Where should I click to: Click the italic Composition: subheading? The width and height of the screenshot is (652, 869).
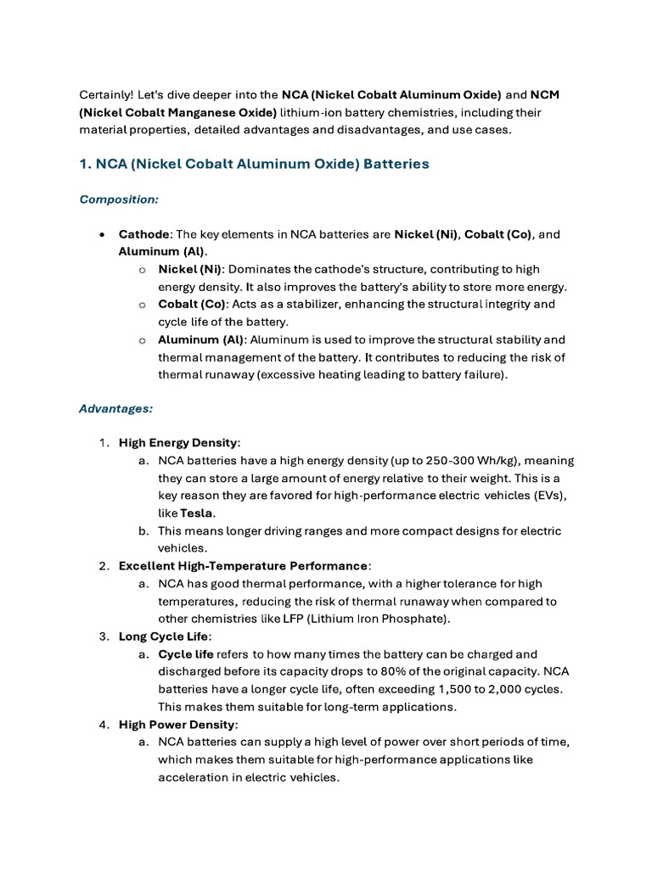tap(119, 199)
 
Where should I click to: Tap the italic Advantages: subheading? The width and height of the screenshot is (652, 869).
tap(115, 408)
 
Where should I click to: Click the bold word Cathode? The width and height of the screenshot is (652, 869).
tap(144, 234)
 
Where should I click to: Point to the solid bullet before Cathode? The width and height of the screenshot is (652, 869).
tap(102, 234)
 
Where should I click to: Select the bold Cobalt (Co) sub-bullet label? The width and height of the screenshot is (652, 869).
tap(192, 304)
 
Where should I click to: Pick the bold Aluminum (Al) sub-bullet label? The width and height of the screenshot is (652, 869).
tap(200, 339)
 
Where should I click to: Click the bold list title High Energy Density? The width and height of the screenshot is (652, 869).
tap(178, 443)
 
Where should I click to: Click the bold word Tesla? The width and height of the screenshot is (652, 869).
tap(197, 513)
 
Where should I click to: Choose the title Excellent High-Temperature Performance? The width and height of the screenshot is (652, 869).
tap(244, 566)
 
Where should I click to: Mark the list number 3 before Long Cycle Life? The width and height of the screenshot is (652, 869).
tap(103, 636)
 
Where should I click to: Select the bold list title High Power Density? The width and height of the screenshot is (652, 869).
tap(177, 724)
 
